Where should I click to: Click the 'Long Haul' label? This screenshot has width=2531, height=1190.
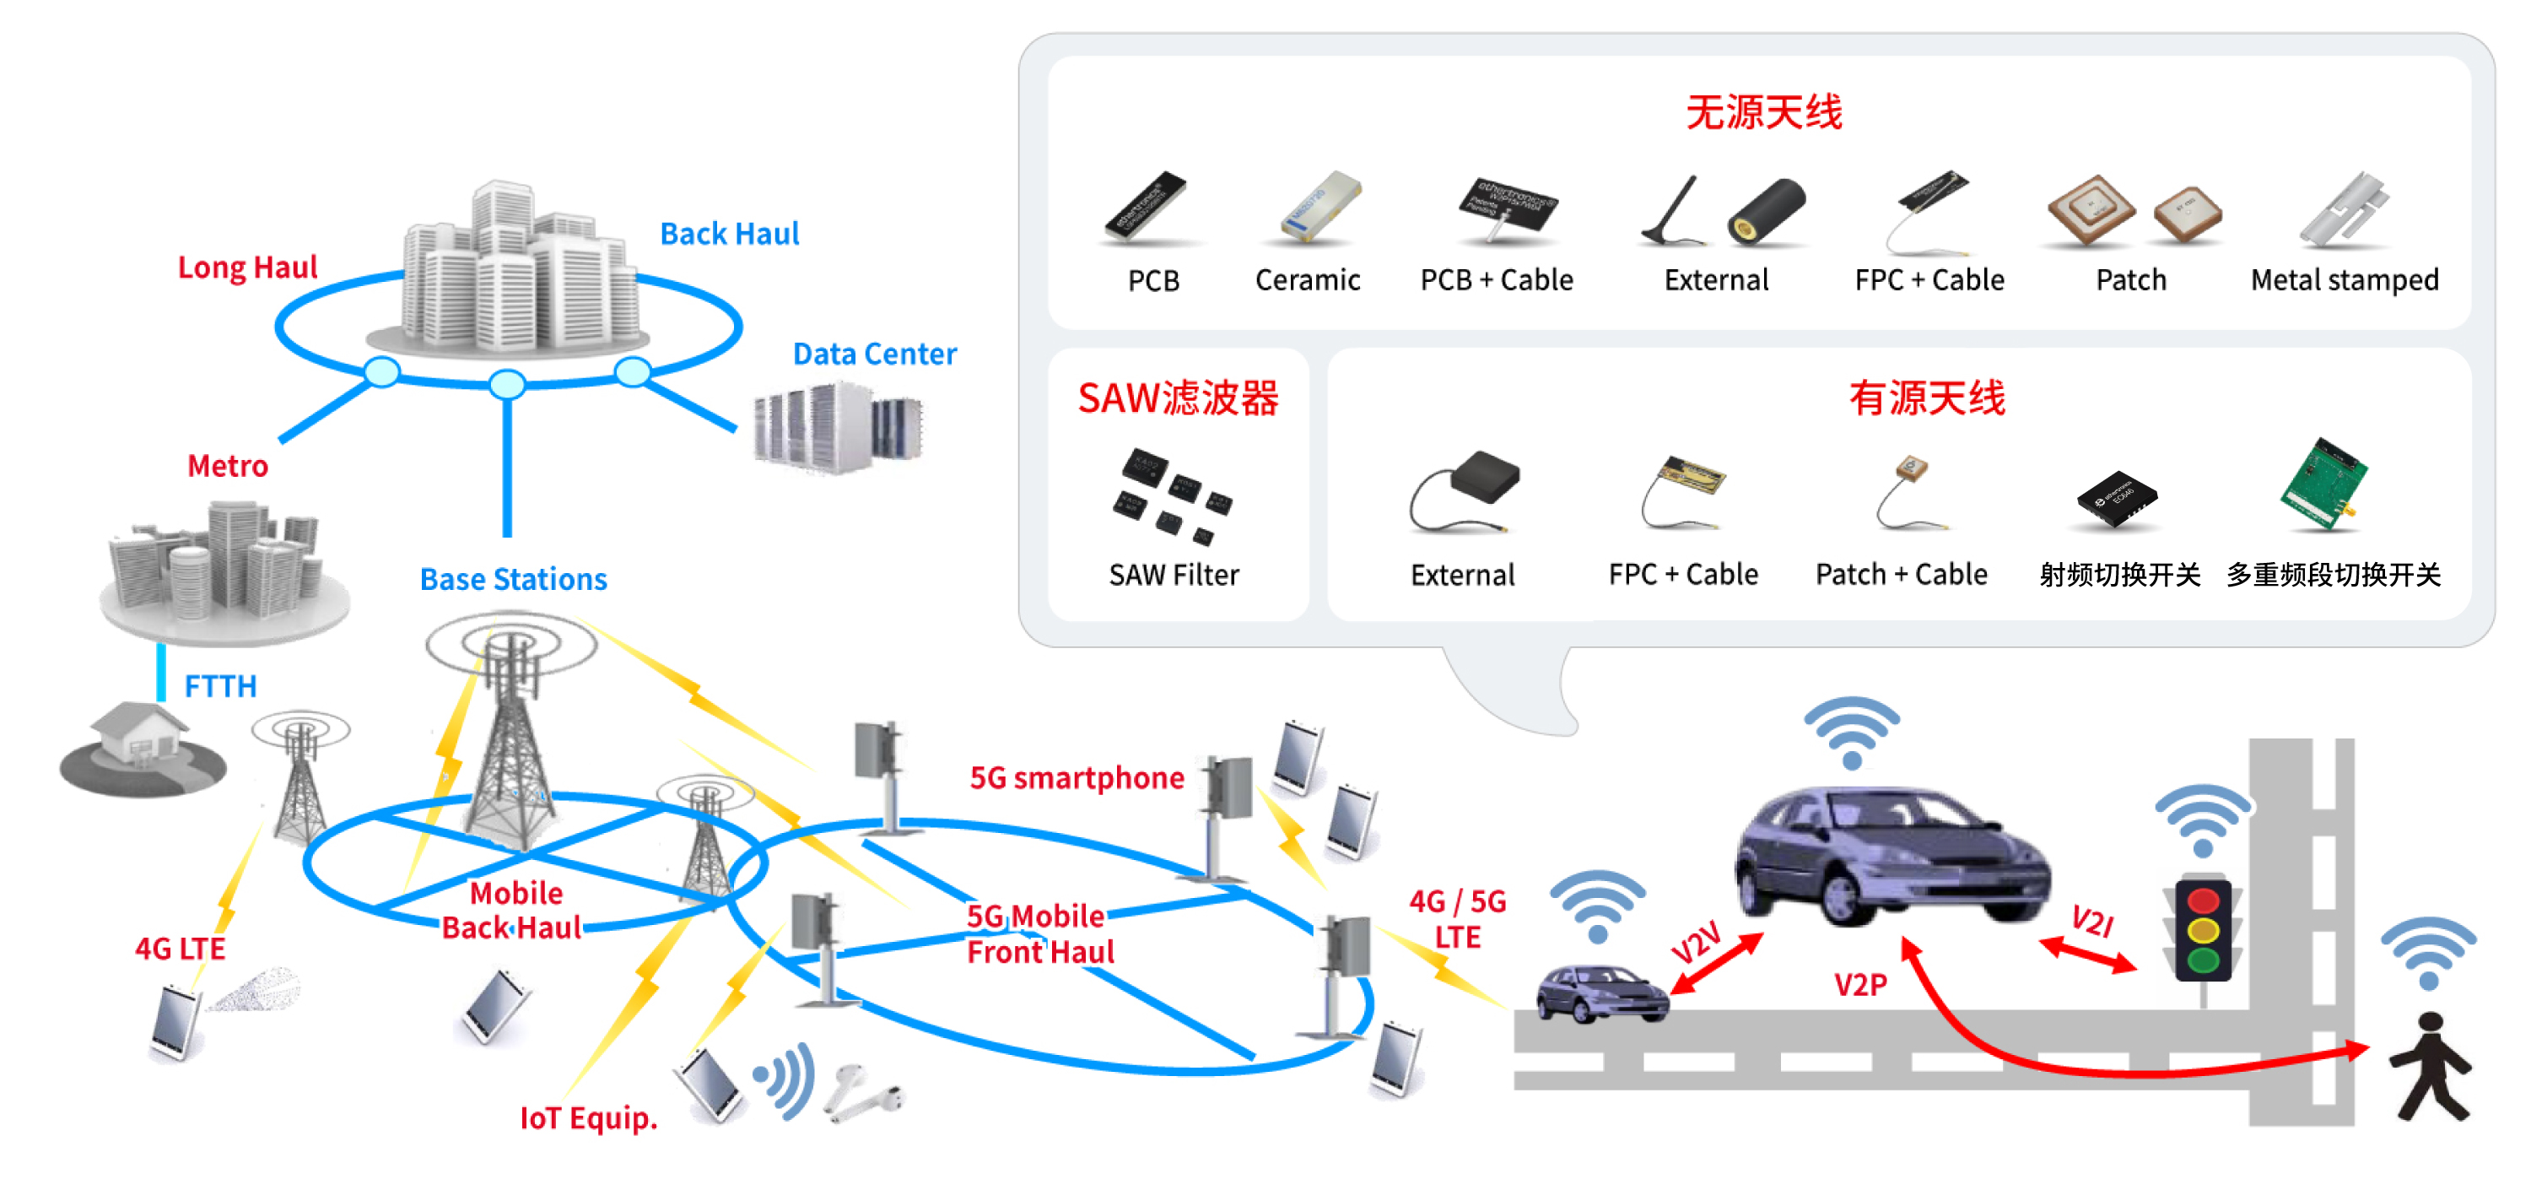tap(247, 268)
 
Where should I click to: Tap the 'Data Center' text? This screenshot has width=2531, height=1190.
tap(874, 354)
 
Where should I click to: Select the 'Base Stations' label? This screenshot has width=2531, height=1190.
tap(513, 579)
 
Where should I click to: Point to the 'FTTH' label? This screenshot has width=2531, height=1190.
tap(220, 686)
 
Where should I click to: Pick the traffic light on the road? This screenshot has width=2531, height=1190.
tap(2203, 929)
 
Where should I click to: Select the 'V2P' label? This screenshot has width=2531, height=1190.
tap(1860, 985)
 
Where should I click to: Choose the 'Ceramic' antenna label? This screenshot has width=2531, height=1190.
tap(1308, 281)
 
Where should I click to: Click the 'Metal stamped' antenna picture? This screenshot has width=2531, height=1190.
tap(2345, 210)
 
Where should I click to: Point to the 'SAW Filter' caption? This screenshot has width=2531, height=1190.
tap(1174, 575)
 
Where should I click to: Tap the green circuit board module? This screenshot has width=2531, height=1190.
tap(2323, 484)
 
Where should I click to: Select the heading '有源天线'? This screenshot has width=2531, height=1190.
tap(1927, 399)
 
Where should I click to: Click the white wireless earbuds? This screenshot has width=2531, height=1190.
tap(861, 1094)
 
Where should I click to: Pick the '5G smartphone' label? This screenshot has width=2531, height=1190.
tap(1077, 778)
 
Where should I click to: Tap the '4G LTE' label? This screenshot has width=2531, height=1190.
tap(180, 949)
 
